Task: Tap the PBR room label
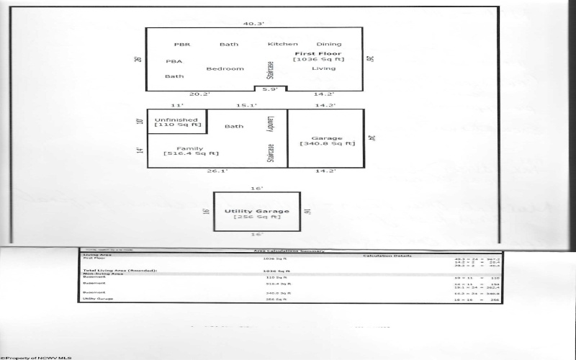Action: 181,45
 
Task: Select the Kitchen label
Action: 282,45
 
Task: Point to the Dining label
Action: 329,45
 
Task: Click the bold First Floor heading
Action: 318,53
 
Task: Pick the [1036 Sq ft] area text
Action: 318,60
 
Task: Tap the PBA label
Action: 174,62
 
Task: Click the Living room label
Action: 323,69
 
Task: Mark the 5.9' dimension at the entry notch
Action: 270,89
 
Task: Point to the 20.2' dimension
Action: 179,94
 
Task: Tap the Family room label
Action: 190,148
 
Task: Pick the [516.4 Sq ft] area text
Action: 191,154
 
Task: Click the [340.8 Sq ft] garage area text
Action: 328,144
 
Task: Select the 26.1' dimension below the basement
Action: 197,172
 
